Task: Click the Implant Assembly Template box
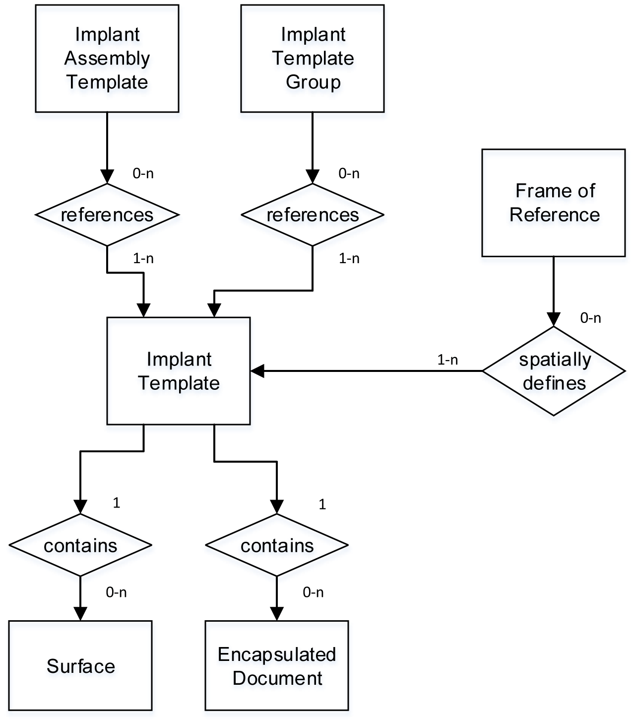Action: (107, 59)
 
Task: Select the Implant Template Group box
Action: (313, 59)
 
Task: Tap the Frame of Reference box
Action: (554, 203)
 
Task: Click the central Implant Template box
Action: (179, 371)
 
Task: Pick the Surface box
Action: (80, 665)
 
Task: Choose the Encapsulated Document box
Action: (277, 665)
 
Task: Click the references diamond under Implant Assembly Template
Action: (107, 215)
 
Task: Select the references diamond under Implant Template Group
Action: (313, 215)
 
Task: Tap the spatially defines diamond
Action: (554, 371)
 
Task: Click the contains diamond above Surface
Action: (80, 545)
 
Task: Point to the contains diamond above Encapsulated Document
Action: (277, 545)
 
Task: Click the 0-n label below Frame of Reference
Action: (590, 318)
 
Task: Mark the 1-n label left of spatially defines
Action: (447, 360)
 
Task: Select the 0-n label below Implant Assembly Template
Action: (143, 173)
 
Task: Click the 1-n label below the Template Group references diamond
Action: (349, 258)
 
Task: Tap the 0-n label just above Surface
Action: (116, 592)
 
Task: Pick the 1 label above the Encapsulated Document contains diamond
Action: (322, 505)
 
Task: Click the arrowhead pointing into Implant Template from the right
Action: (257, 371)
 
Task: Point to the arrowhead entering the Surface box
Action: (80, 614)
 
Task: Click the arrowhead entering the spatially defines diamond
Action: (554, 319)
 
